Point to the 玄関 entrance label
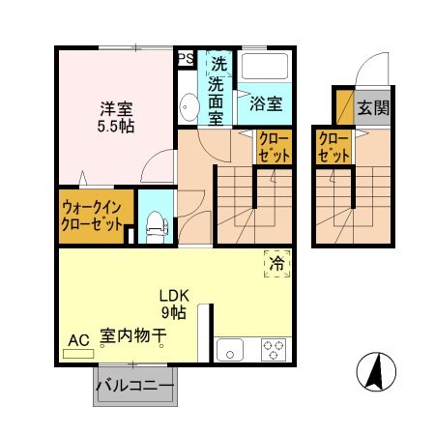372,106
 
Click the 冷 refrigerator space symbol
276,261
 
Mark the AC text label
78,339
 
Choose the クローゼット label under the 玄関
333,147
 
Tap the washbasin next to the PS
187,107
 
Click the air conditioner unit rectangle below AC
79,354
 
